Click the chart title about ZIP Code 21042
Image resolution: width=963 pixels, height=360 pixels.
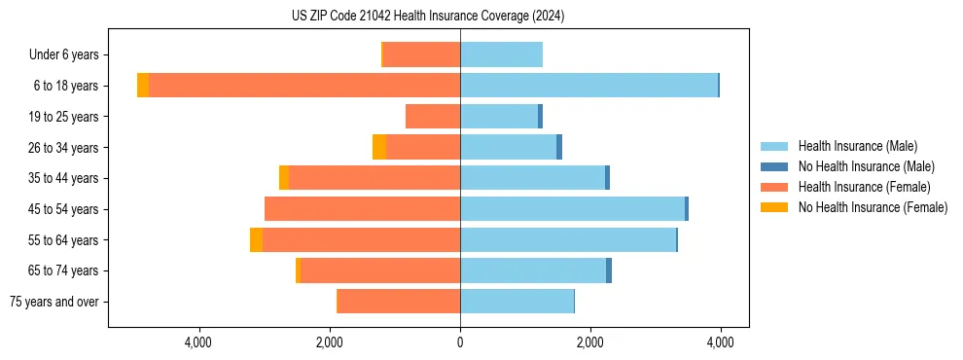[428, 17]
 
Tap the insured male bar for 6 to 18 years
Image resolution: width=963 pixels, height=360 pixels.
[588, 86]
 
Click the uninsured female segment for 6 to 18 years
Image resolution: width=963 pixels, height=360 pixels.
[143, 86]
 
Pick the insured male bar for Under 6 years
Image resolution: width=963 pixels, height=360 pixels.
[501, 54]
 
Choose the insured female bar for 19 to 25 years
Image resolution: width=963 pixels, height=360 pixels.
[433, 117]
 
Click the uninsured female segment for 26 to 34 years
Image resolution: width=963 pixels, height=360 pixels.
[379, 147]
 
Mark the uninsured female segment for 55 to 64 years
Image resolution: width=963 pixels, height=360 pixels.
[256, 239]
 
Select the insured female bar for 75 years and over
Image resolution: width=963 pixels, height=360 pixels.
[399, 302]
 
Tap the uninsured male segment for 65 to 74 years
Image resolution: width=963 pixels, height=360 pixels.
[609, 270]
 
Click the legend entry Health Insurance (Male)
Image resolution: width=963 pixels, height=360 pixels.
[857, 146]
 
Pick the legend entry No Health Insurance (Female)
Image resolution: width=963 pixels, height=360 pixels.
[873, 207]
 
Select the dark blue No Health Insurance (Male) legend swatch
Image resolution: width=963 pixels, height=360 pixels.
[774, 166]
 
